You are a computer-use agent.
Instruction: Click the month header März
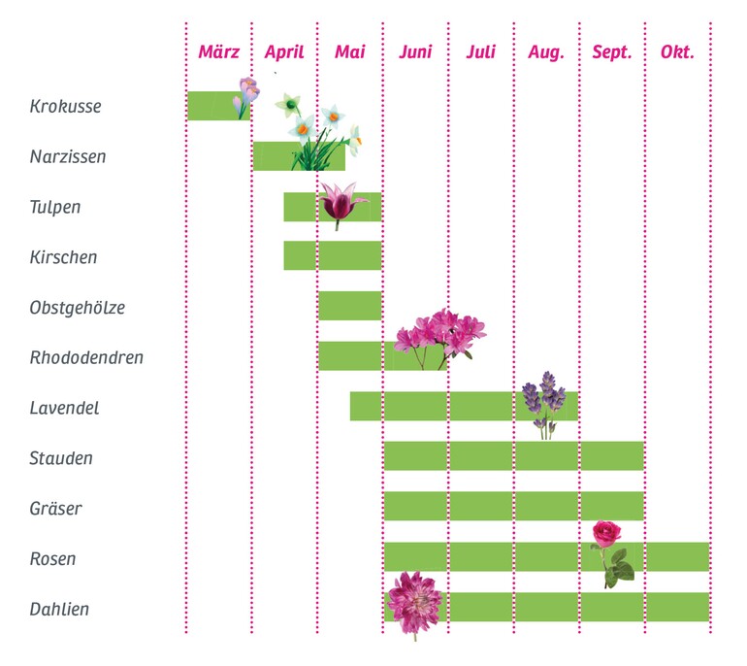coord(218,52)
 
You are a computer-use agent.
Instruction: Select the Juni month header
coord(415,52)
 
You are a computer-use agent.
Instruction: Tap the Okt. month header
coord(677,52)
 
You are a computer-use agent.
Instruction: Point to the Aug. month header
coord(546,52)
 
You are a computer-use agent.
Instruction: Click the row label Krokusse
coord(65,106)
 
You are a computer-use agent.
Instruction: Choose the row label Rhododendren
coord(86,358)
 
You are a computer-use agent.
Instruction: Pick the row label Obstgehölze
coord(78,308)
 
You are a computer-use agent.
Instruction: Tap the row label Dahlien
coord(59,610)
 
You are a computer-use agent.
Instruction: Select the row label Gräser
coord(55,509)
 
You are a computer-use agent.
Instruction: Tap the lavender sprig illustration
coord(545,403)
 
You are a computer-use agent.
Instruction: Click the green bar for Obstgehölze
coord(349,305)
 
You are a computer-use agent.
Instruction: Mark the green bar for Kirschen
coord(332,255)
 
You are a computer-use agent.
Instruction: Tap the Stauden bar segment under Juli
coord(480,456)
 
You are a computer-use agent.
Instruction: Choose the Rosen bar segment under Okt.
coord(677,557)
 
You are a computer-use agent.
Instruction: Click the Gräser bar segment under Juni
coord(415,507)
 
